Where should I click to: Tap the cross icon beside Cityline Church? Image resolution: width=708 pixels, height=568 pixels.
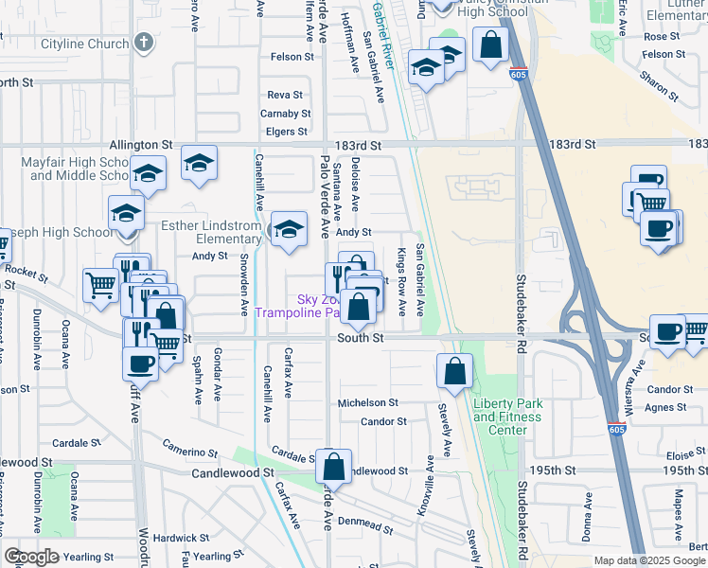tap(144, 43)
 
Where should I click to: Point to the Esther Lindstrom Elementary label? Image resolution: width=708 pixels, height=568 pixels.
tap(210, 232)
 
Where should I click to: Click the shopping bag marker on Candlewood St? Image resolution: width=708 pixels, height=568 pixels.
tap(333, 466)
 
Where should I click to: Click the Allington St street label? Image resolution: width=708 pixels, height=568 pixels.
tap(141, 145)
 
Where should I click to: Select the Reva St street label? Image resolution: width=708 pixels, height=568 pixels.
tap(284, 96)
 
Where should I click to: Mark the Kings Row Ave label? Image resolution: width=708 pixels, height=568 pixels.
tap(401, 282)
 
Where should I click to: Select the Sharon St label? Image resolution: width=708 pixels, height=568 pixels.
tap(659, 85)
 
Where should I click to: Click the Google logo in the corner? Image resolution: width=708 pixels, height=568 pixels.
tap(32, 556)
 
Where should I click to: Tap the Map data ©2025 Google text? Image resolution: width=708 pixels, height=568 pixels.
tap(649, 560)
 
